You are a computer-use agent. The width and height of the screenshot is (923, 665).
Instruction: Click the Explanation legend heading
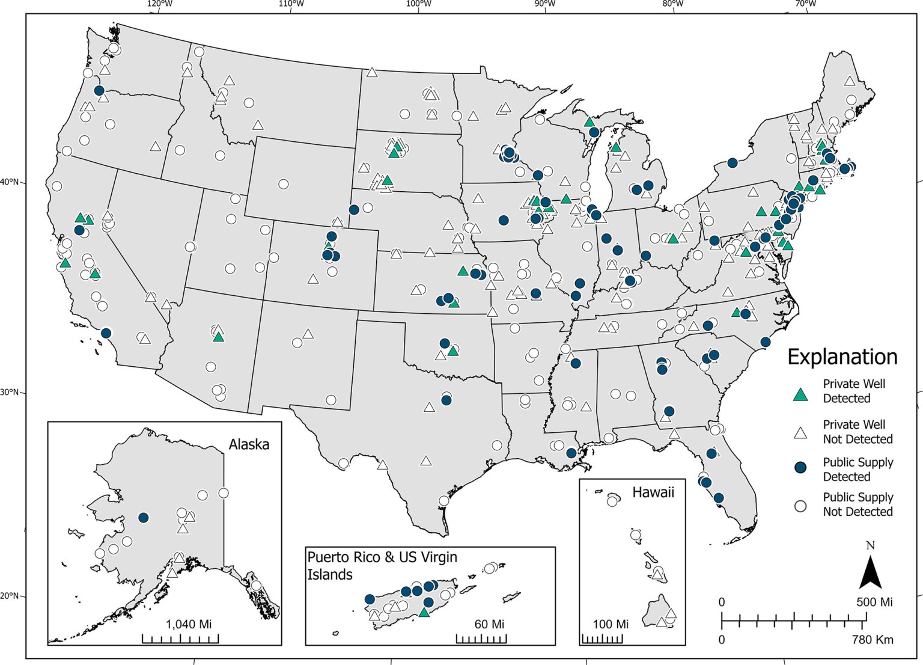coord(842,357)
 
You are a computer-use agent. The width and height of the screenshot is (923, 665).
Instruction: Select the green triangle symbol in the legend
coord(800,394)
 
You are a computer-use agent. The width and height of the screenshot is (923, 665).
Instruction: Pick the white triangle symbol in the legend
coord(800,432)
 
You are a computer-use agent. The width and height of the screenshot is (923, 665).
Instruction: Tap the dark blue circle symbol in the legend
coord(800,469)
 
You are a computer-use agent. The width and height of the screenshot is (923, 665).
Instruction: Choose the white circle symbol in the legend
coord(800,506)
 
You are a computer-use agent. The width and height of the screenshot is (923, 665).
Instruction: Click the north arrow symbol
coord(870,572)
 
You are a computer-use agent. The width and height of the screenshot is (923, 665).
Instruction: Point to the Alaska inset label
coord(249,445)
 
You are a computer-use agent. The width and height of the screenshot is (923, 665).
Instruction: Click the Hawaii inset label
coord(653,492)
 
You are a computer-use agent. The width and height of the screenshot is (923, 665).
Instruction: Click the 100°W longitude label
coord(419,4)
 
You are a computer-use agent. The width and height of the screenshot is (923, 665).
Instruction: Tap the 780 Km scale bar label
coord(872,639)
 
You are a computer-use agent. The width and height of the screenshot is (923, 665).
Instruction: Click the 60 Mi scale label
coord(489,624)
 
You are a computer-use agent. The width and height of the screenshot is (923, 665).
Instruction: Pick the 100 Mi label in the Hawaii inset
coord(611,624)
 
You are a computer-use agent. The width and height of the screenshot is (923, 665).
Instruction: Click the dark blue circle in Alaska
coord(143,518)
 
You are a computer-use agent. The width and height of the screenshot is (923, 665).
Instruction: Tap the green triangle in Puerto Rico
coord(424,613)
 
